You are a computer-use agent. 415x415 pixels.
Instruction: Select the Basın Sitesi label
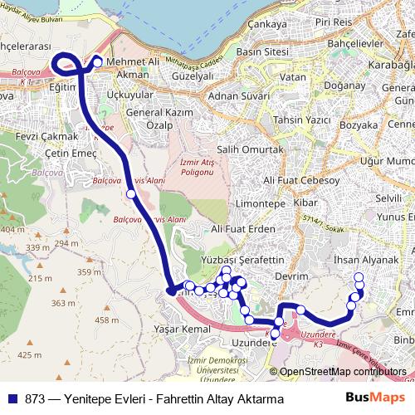[x=262, y=51]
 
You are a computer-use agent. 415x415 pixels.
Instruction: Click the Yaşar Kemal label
[x=181, y=329]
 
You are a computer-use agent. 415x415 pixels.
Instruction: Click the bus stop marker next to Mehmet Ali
[x=97, y=62]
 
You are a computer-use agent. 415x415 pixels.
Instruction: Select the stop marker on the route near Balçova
[x=130, y=194]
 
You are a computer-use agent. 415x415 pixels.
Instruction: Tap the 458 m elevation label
[x=107, y=320]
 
